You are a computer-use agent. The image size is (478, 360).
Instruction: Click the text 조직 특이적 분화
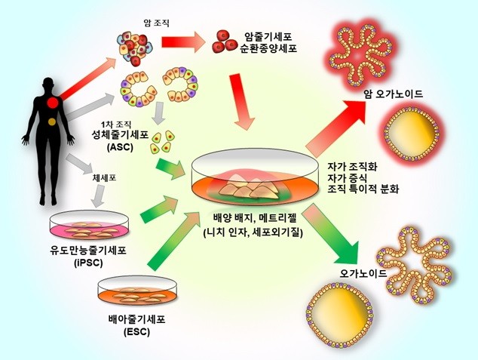click(366, 189)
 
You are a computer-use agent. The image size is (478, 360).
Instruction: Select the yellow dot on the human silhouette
click(51, 121)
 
